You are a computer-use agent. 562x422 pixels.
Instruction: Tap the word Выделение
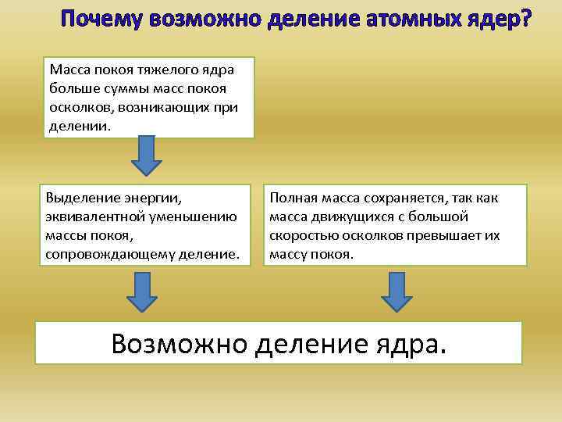coord(80,198)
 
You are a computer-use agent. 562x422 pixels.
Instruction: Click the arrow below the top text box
coord(146,156)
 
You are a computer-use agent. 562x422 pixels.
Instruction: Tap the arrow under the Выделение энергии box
coord(142,291)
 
